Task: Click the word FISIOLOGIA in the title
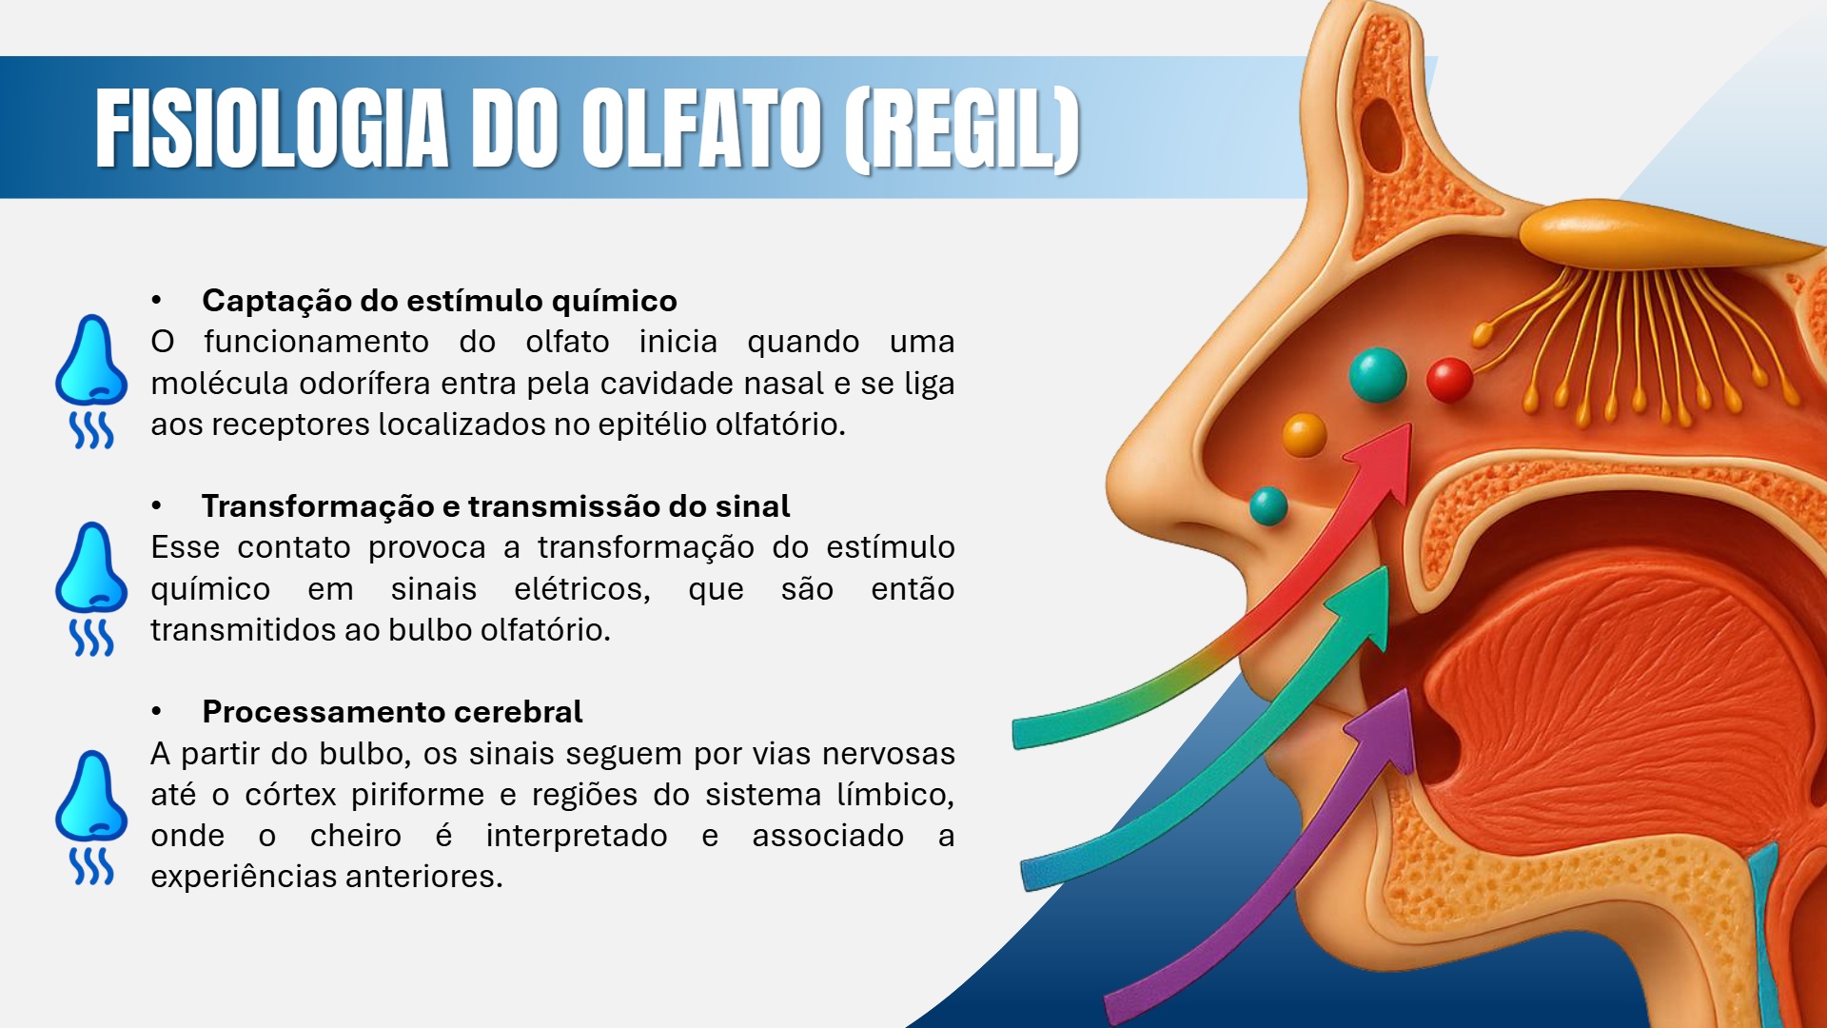(271, 128)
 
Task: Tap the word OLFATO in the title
(701, 128)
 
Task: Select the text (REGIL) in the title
(961, 128)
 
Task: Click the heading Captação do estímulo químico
(439, 301)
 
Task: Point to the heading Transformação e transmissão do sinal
(495, 506)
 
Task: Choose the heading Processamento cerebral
(392, 712)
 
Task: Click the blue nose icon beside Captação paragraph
(91, 381)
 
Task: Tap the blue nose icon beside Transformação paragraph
(91, 588)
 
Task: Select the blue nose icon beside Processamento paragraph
(91, 817)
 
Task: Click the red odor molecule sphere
(1449, 380)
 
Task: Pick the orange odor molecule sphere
(1304, 435)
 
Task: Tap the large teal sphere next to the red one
(1377, 374)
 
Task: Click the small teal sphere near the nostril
(1267, 505)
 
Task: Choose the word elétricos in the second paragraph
(581, 589)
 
